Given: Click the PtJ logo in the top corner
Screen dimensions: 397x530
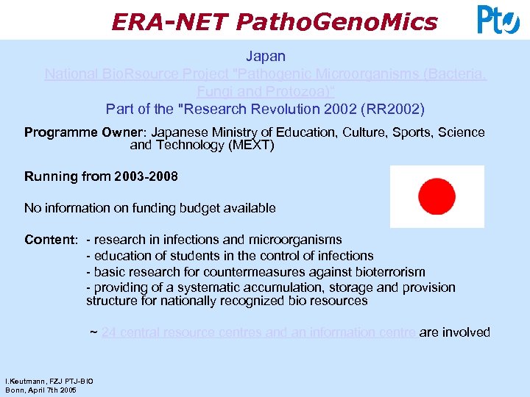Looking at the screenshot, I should (x=498, y=20).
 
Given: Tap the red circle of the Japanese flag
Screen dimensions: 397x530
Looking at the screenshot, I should (x=437, y=196).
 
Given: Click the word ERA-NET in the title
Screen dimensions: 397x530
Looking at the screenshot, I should (x=170, y=22).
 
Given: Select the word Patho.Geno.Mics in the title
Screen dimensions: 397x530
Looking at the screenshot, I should (x=336, y=22).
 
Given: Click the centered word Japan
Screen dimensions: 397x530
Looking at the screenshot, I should (x=266, y=56).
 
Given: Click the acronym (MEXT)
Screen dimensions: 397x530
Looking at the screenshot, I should (x=250, y=146).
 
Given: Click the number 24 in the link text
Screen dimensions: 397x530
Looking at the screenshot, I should (x=109, y=332).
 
